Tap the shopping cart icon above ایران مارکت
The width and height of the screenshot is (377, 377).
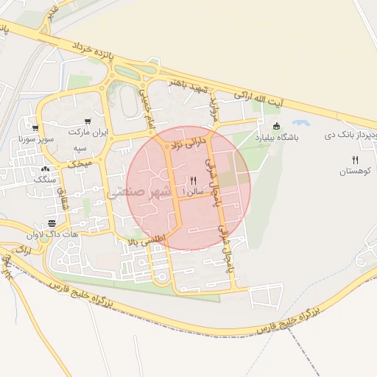click(88, 121)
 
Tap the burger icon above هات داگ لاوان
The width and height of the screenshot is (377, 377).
click(51, 223)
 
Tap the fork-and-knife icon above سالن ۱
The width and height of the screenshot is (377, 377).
click(194, 180)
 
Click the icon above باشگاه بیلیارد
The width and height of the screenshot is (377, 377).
click(276, 127)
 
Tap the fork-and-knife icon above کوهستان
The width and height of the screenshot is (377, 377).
click(355, 160)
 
